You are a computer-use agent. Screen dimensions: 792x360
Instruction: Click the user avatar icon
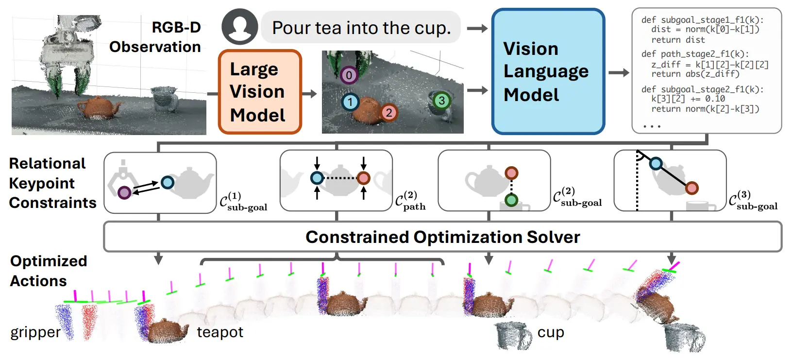tap(240, 27)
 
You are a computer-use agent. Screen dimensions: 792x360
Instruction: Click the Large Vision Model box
tap(260, 92)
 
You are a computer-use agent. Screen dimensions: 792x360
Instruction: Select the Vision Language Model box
tap(548, 72)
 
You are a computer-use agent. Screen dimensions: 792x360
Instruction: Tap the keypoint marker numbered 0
tap(349, 75)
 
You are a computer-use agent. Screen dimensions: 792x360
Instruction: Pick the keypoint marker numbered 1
tap(351, 102)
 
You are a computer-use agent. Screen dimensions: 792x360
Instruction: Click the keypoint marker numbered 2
tap(389, 113)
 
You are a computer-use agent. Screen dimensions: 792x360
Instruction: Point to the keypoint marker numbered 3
tap(441, 101)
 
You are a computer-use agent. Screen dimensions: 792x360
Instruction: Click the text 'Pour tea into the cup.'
tap(361, 28)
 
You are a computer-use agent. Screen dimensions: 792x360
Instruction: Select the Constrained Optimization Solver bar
tap(443, 237)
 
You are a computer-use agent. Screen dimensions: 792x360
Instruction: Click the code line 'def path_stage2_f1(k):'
tap(695, 54)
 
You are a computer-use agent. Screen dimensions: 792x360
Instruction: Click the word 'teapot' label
tap(220, 332)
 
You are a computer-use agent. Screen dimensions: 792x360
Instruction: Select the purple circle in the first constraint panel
tap(124, 193)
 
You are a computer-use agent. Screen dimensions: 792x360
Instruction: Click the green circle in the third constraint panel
tap(511, 200)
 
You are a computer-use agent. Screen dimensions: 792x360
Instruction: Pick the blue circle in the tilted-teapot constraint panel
tap(656, 164)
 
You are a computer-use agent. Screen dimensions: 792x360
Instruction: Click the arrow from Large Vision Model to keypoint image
tap(309, 94)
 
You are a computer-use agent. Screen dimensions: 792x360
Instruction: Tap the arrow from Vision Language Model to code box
tap(619, 73)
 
